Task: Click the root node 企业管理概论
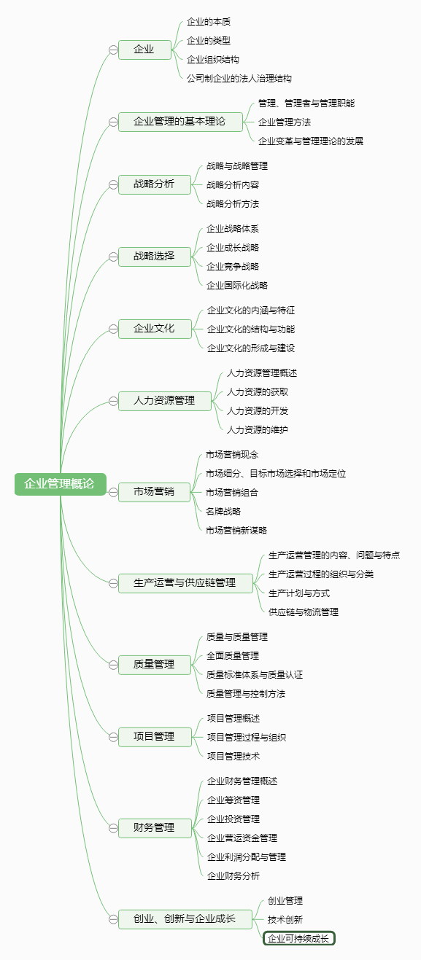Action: (x=60, y=484)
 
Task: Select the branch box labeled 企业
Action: (x=144, y=50)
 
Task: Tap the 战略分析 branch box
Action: (x=155, y=184)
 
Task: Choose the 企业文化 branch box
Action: (x=155, y=329)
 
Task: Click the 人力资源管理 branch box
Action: (x=165, y=401)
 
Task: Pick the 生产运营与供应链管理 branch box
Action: (x=185, y=583)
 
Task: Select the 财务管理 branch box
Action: (x=155, y=827)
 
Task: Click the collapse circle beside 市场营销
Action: (x=113, y=492)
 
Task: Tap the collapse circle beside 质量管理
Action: (x=113, y=665)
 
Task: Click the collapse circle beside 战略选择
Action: (x=113, y=257)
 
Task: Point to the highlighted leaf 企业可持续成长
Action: (x=298, y=938)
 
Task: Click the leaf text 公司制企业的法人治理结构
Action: (x=239, y=79)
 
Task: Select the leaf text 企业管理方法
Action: (x=285, y=122)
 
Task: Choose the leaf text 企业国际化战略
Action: (x=237, y=286)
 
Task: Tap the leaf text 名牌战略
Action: (x=223, y=511)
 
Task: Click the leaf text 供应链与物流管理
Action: (x=304, y=612)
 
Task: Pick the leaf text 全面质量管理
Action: (x=233, y=656)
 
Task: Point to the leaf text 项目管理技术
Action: (x=233, y=756)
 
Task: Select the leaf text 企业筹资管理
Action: (x=233, y=800)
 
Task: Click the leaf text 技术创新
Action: (x=285, y=919)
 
